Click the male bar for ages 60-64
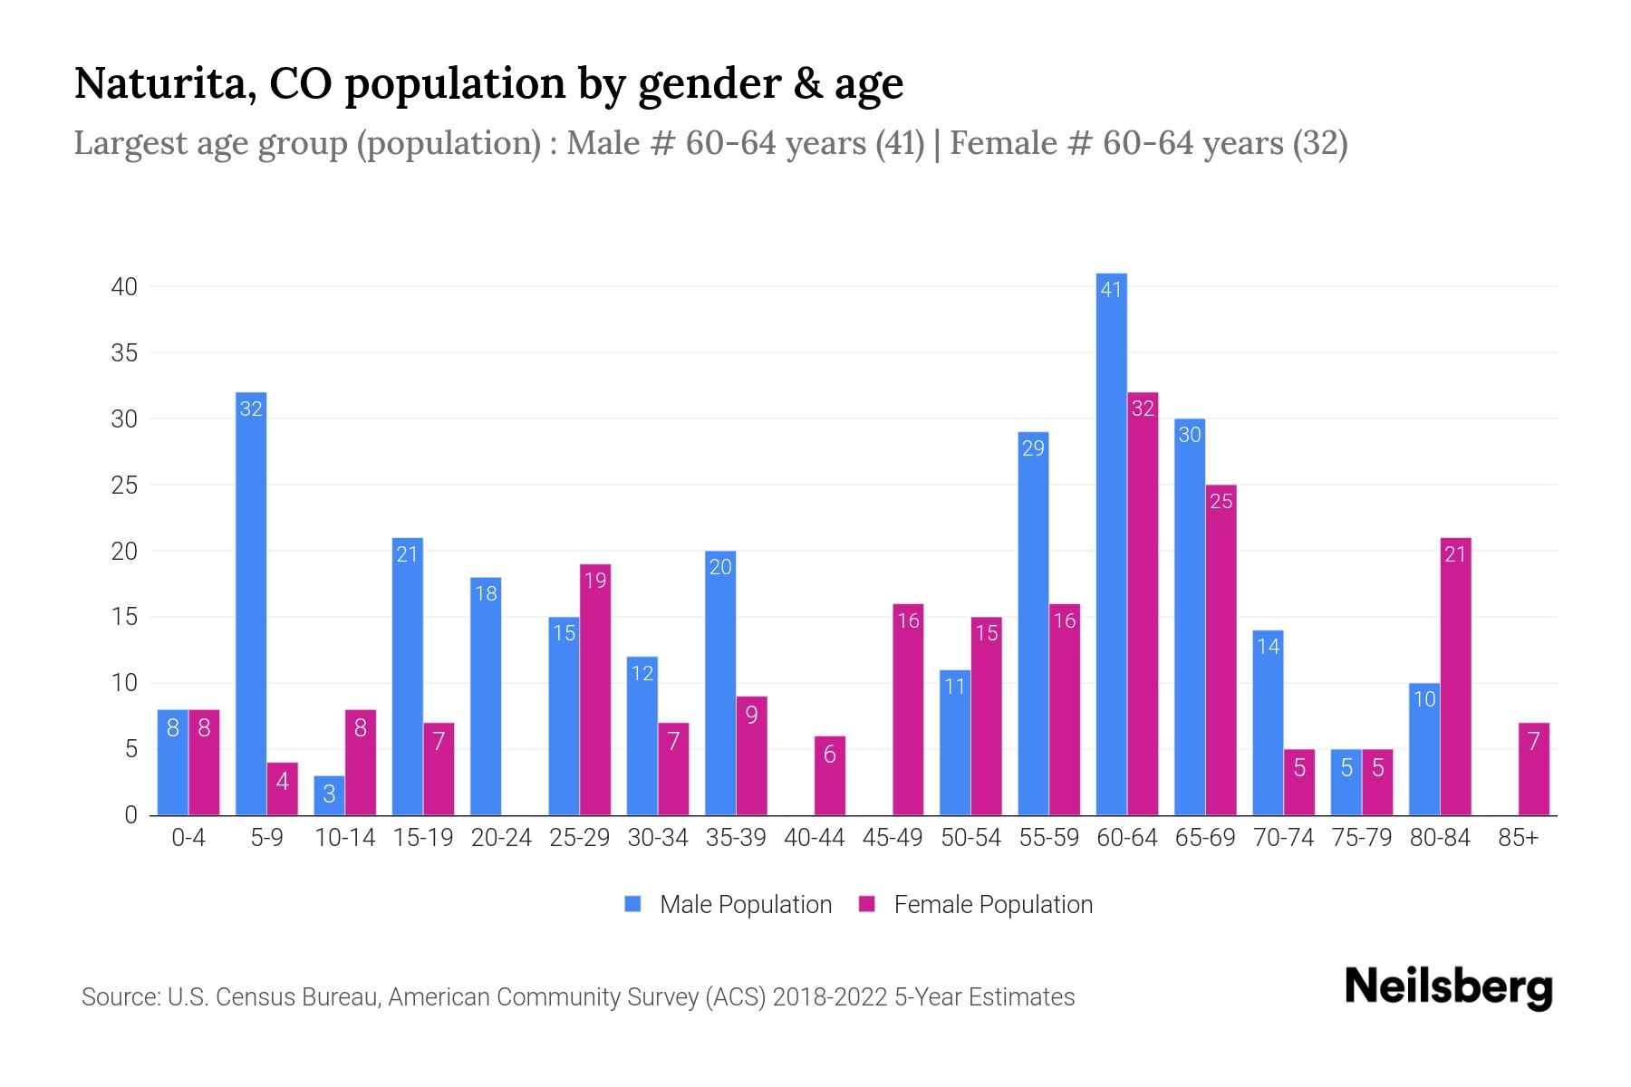[1111, 543]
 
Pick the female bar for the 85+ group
[1533, 769]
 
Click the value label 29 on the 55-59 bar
[1033, 448]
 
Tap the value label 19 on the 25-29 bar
[595, 581]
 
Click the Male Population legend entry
[729, 904]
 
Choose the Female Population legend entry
[977, 904]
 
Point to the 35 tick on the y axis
[124, 353]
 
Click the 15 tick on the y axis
[124, 618]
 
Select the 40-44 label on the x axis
[814, 838]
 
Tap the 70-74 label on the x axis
[1283, 838]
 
